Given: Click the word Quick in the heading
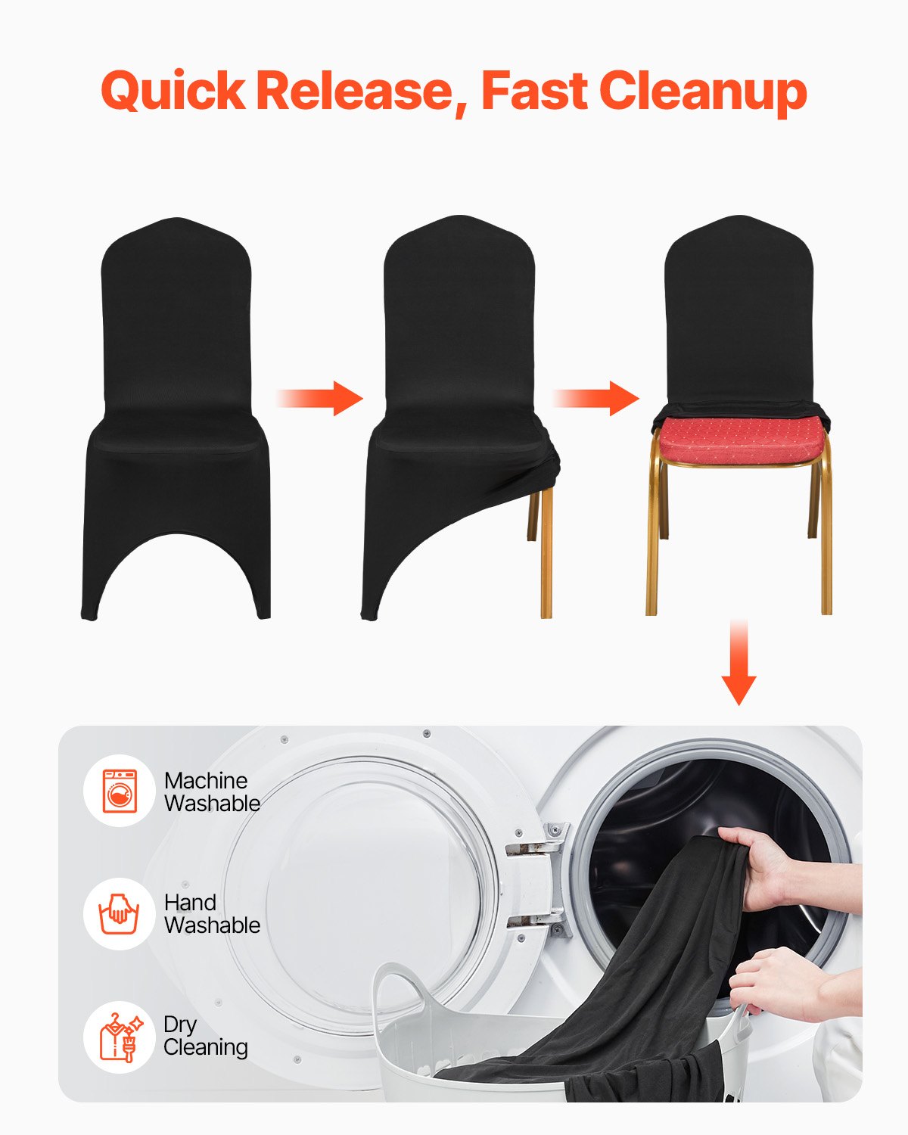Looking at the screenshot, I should pos(173,91).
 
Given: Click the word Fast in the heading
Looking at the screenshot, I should pos(534,91).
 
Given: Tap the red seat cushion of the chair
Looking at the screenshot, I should pos(740,440).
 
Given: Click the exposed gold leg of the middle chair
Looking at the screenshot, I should pos(546,552).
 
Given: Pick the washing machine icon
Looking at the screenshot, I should pos(120,791).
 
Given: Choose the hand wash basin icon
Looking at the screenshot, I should pos(120,913).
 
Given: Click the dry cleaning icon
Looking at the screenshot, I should pos(120,1037).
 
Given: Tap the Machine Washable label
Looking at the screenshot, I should pos(212,791).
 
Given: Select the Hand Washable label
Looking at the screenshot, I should pos(212,913).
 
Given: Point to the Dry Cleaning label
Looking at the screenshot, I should pos(206,1036).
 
